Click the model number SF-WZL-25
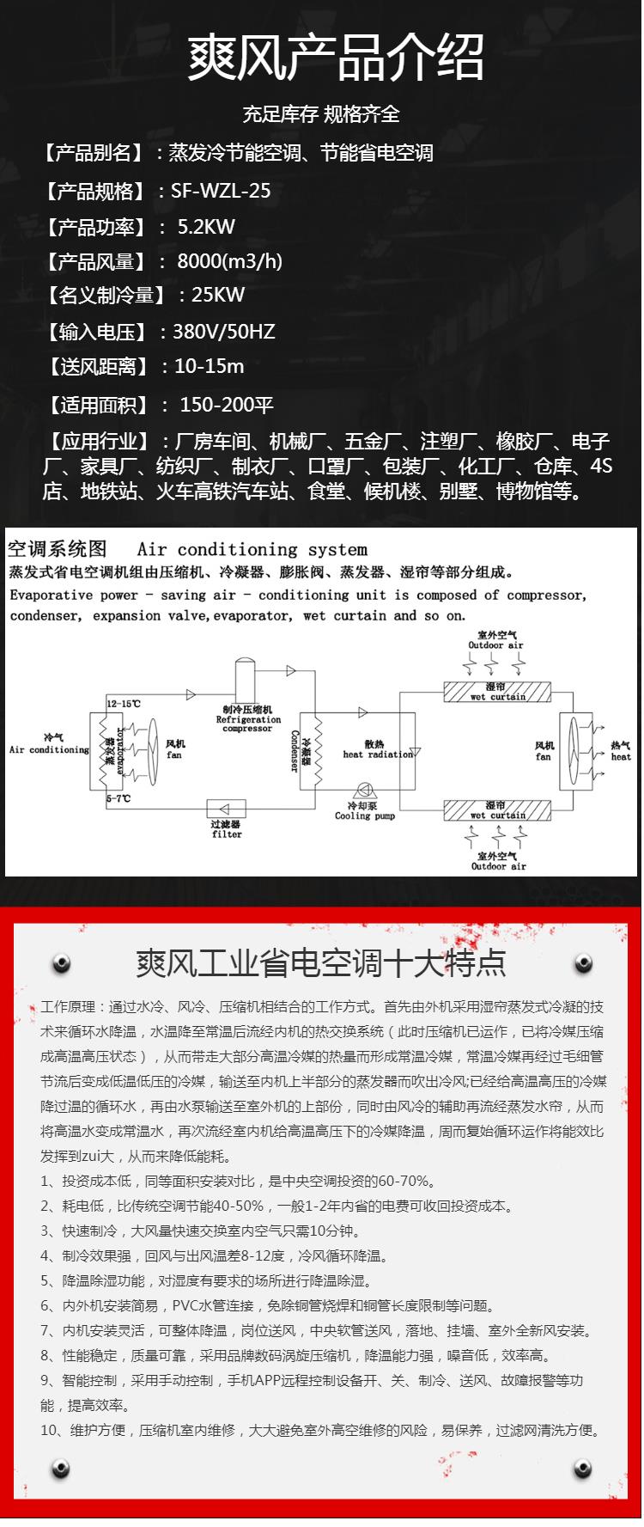click(x=221, y=191)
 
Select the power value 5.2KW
click(x=206, y=227)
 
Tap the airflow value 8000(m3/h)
click(x=230, y=261)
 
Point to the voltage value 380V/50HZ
click(x=224, y=332)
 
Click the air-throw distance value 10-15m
click(x=210, y=366)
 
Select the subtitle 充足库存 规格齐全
click(x=321, y=113)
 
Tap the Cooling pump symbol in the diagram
click(x=363, y=791)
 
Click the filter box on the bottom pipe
click(x=227, y=809)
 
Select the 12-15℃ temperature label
click(x=124, y=704)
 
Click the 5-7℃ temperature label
click(x=118, y=799)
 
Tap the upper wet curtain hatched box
click(x=496, y=692)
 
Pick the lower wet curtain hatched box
click(x=496, y=810)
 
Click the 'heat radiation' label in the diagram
click(x=378, y=754)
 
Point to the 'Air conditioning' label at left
click(x=49, y=749)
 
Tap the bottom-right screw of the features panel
click(x=583, y=1468)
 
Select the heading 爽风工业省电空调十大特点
click(x=321, y=963)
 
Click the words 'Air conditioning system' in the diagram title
click(x=252, y=549)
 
